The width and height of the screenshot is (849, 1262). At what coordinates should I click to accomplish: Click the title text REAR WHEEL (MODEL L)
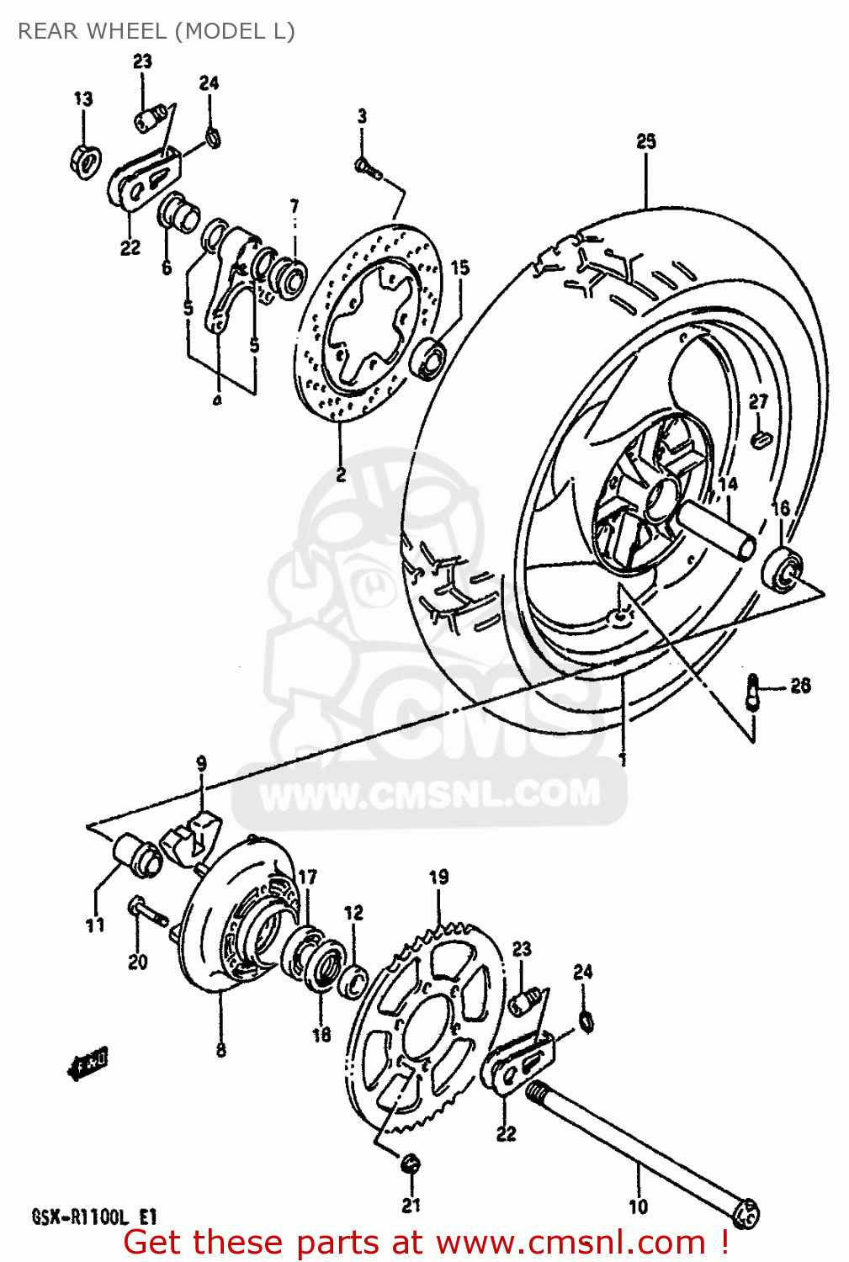[157, 31]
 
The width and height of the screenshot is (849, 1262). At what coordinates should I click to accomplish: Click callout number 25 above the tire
[645, 141]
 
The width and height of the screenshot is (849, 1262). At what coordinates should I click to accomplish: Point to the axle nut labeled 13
[85, 158]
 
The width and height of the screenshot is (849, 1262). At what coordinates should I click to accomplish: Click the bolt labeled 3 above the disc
[368, 169]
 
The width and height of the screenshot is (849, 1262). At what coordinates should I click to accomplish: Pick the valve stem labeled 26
[753, 690]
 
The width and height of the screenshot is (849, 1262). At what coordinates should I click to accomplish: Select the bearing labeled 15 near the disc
[430, 357]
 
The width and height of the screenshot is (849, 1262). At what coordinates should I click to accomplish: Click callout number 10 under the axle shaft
[638, 1206]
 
